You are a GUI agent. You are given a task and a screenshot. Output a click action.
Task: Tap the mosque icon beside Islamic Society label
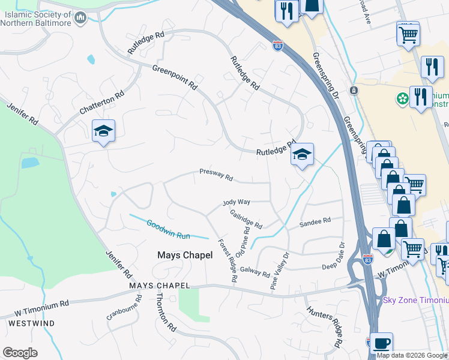pos(81,19)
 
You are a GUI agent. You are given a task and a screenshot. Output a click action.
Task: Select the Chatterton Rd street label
pos(102,103)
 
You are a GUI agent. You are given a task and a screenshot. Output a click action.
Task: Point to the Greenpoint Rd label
pos(175,77)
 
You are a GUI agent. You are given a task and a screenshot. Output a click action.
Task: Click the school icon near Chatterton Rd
pos(103,132)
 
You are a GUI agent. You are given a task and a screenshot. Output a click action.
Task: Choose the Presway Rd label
pos(216,175)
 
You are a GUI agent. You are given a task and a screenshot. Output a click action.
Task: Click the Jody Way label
pos(237,203)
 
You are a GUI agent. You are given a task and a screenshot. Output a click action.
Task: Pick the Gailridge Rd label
pos(246,221)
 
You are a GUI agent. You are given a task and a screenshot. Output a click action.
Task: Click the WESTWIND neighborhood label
pos(32,323)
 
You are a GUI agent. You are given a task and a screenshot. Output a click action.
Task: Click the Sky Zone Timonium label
pos(416,300)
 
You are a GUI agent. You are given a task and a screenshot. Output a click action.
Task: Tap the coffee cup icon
pos(381,344)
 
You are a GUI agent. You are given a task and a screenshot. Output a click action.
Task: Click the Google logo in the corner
pos(20,353)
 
